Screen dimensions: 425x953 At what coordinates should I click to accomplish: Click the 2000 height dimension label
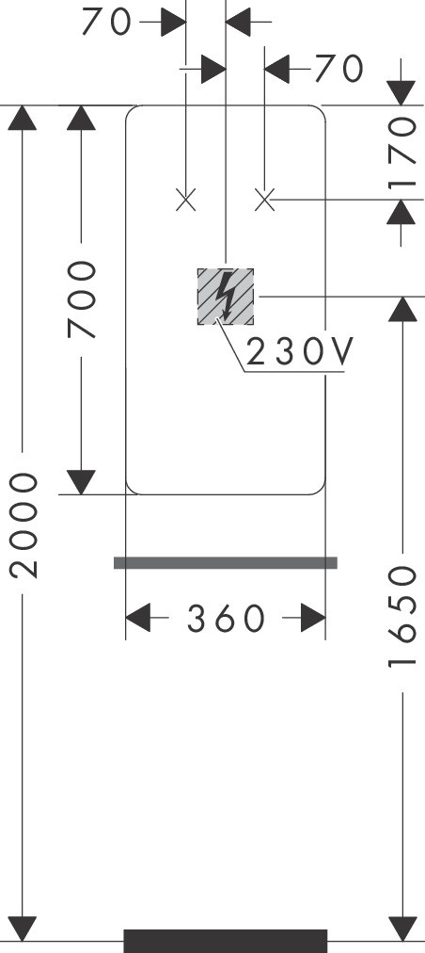tap(24, 525)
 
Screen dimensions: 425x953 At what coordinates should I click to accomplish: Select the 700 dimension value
tap(82, 299)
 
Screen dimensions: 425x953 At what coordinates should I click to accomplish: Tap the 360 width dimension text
tap(226, 619)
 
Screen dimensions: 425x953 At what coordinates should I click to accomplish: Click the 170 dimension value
tap(403, 153)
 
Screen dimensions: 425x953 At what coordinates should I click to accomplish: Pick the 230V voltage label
tap(300, 352)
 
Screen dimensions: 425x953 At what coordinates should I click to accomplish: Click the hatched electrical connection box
tap(226, 297)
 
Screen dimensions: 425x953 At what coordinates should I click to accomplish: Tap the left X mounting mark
tap(186, 200)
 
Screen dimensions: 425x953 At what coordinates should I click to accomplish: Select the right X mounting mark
tap(265, 200)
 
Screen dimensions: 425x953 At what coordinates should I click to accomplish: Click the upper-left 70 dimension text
tap(107, 23)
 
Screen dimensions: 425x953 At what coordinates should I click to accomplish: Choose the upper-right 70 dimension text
tap(338, 69)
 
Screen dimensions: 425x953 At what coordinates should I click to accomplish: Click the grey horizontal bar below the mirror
tap(226, 563)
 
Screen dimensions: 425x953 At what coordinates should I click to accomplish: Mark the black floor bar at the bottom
tap(226, 941)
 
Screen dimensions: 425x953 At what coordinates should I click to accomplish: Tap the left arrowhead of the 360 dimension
tap(138, 618)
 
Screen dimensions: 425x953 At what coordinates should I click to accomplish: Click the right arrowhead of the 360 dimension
tap(313, 618)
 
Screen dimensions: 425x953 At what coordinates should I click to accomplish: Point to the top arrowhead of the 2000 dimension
tap(23, 118)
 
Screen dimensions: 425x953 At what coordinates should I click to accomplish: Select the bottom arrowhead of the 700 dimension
tap(82, 482)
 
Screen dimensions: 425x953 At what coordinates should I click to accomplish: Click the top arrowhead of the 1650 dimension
tap(402, 310)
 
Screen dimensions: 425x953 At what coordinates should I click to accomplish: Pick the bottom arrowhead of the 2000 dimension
tap(23, 929)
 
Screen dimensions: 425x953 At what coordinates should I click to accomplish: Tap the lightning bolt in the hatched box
tap(226, 296)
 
